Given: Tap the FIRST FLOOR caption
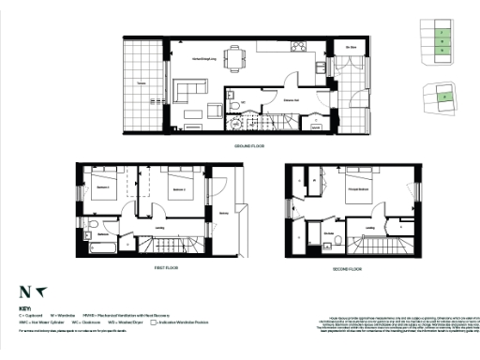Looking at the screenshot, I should pos(165,267).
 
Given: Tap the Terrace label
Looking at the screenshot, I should pos(141,84).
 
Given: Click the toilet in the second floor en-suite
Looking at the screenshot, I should pos(334,243).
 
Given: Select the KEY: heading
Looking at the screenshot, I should pos(24,307).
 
